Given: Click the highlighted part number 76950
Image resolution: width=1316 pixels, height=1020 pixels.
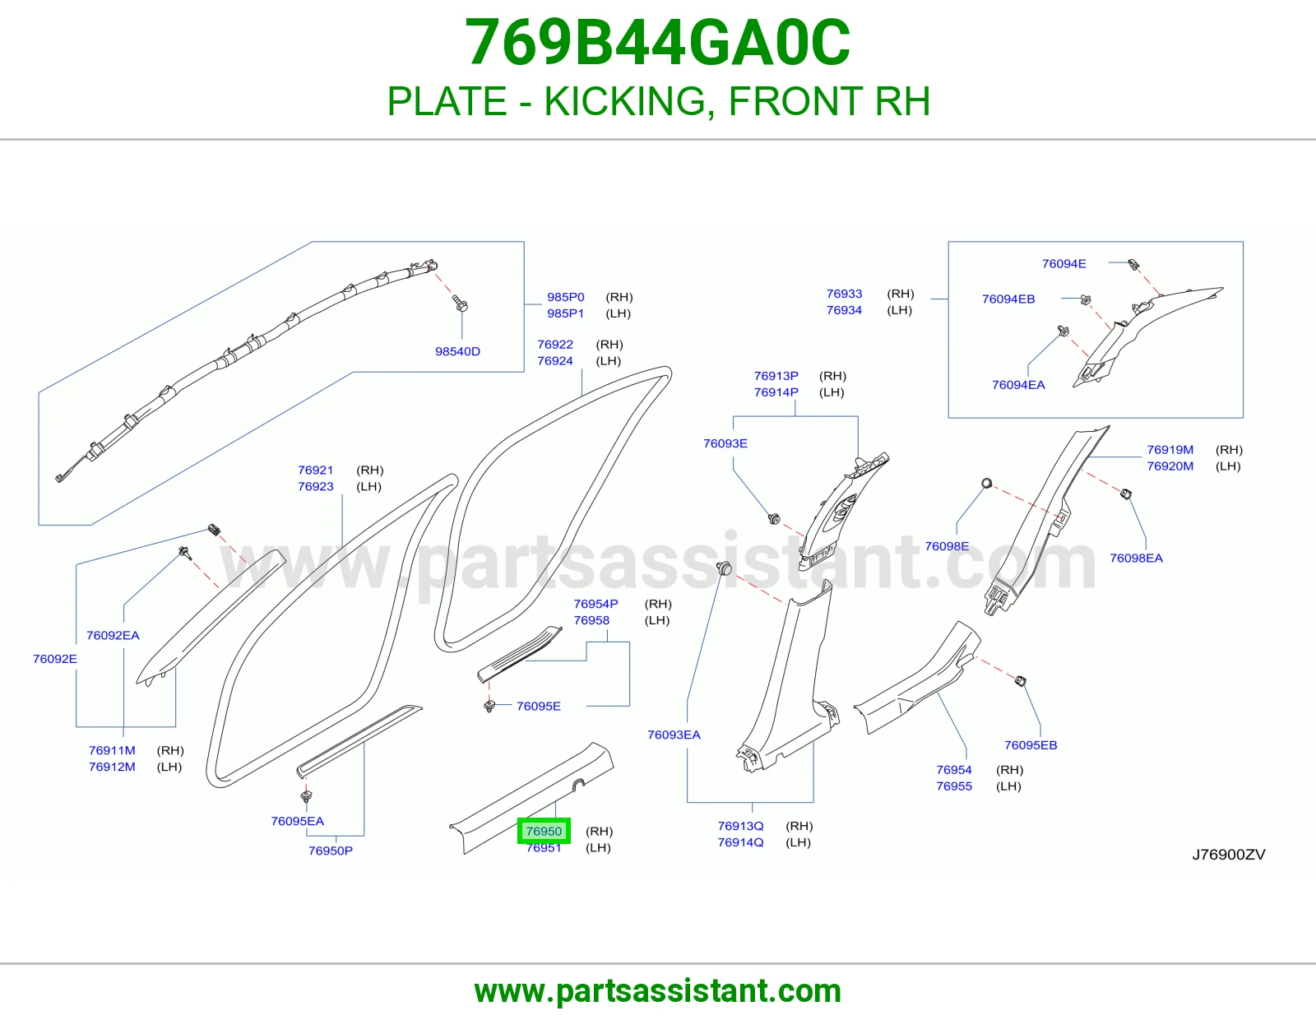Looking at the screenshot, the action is coord(544,831).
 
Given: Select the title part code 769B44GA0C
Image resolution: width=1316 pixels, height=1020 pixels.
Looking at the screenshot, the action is coord(658,42).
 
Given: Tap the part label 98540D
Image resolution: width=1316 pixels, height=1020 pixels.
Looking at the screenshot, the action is coord(457,351).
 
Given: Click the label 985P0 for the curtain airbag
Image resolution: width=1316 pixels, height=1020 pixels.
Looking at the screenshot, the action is coord(566,297).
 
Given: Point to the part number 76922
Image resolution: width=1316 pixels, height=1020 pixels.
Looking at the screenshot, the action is coord(554,344).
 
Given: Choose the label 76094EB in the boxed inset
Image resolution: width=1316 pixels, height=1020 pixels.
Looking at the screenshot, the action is coord(1008,299).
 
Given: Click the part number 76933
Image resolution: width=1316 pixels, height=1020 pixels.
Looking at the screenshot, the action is coord(844,293).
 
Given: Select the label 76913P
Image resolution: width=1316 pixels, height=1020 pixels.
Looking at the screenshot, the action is coord(776,376).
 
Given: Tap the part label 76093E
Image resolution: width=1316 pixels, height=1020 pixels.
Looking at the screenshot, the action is coord(725,443).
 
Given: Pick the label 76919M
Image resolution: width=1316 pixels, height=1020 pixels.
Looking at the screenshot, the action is coord(1170,449).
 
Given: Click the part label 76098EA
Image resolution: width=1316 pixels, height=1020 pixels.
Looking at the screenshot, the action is coord(1136,558).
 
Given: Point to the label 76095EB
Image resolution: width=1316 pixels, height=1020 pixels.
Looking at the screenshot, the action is coord(1031,745).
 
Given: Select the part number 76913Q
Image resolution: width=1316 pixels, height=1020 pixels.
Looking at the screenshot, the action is coord(740,826).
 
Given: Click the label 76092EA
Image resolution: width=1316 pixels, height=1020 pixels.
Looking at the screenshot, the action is coord(113,635).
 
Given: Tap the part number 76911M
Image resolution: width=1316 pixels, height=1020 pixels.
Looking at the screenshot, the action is coord(112,750).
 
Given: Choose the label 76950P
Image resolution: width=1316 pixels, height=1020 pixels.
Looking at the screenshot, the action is coord(330,851).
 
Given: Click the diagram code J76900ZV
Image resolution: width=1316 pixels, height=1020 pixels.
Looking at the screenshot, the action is coord(1229,854).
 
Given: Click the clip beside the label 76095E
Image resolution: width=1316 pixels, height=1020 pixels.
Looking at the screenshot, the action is coord(489,706).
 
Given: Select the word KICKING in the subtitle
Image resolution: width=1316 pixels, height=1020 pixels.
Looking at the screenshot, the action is coord(625,100).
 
